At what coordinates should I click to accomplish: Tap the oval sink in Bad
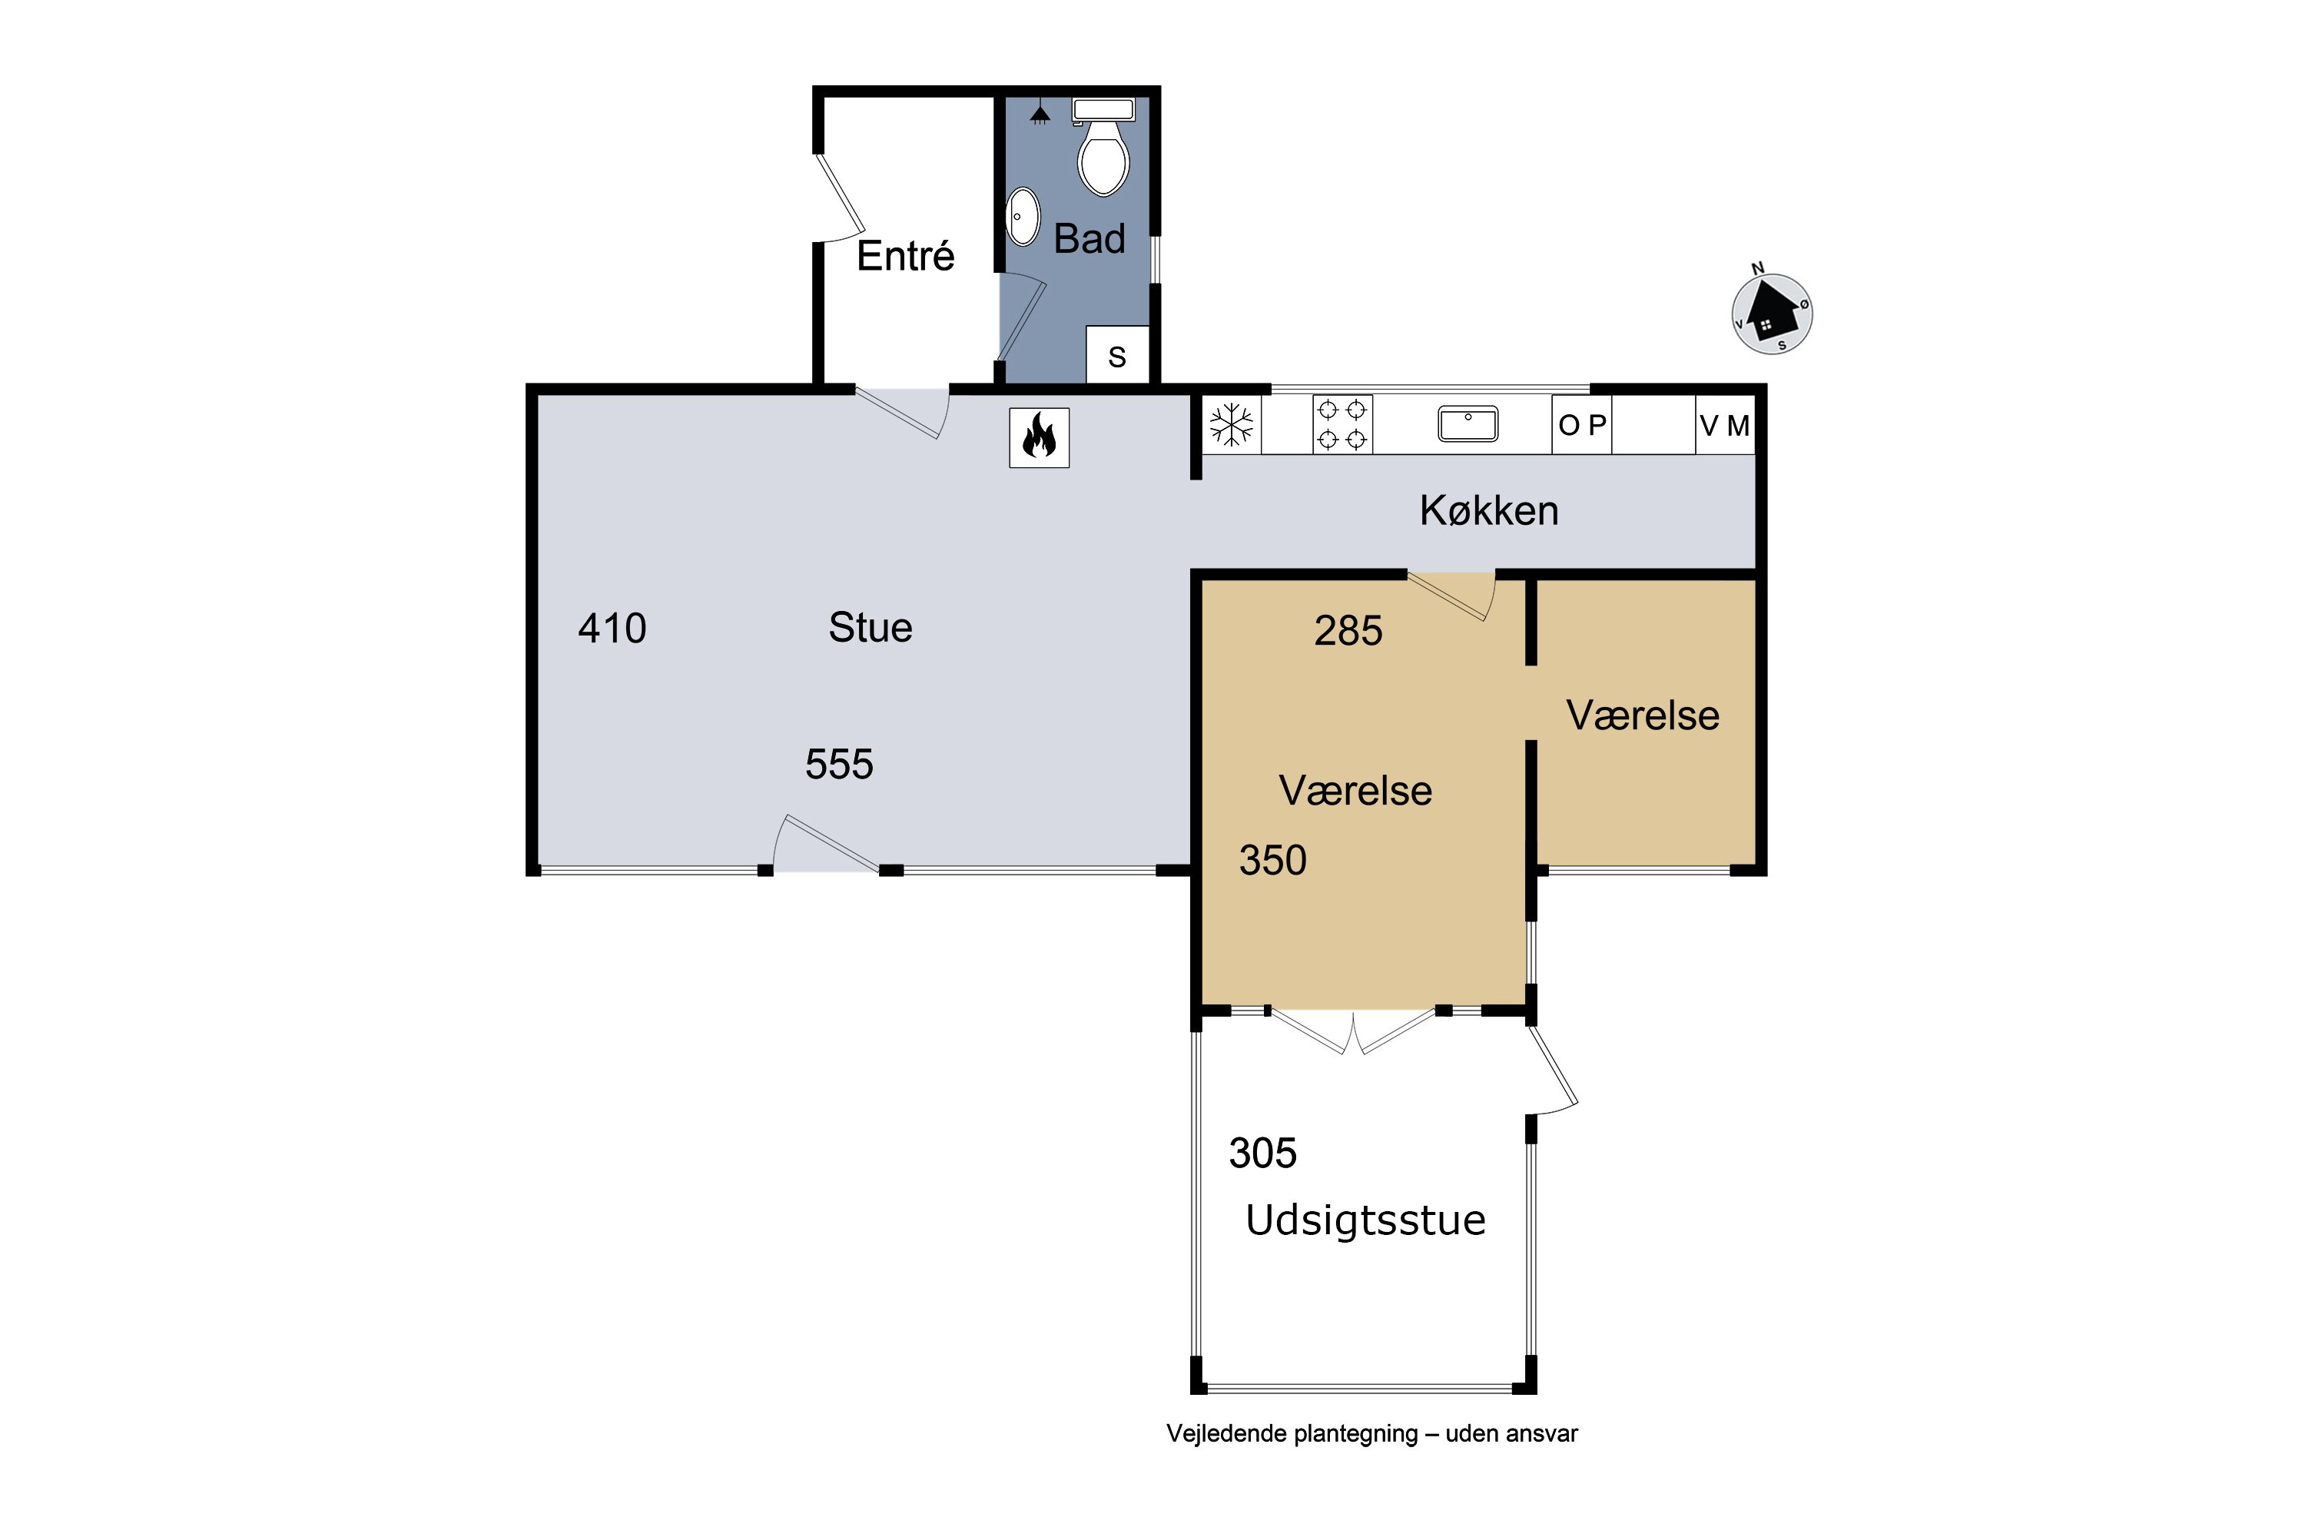coord(1023,217)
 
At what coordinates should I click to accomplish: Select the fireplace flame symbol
coord(1039,437)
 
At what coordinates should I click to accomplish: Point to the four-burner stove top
coord(1342,424)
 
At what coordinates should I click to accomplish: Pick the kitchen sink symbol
coord(1468,424)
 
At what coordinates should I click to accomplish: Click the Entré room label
coord(906,256)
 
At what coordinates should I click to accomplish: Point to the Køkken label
coord(1489,511)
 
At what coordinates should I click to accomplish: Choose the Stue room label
coord(871,627)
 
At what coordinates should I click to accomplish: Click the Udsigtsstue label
coord(1365,1220)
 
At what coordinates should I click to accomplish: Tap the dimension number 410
coord(612,629)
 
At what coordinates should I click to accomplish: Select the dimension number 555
coord(839,765)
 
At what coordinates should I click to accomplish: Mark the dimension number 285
coord(1348,631)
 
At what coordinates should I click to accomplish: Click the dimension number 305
coord(1263,1154)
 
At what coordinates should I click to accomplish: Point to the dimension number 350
coord(1273,861)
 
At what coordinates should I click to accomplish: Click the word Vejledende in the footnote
coord(1226,1434)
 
